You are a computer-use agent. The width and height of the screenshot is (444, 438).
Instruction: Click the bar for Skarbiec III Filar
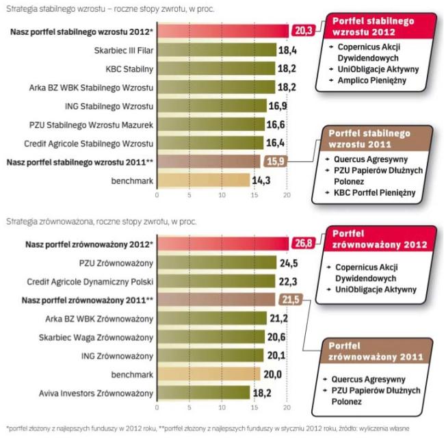[x=216, y=50]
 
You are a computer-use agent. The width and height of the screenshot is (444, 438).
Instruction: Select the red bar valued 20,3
[x=222, y=31]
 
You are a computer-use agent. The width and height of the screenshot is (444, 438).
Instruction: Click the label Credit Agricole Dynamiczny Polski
[x=90, y=281]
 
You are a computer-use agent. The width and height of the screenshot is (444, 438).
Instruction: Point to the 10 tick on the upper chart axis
[x=222, y=195]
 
